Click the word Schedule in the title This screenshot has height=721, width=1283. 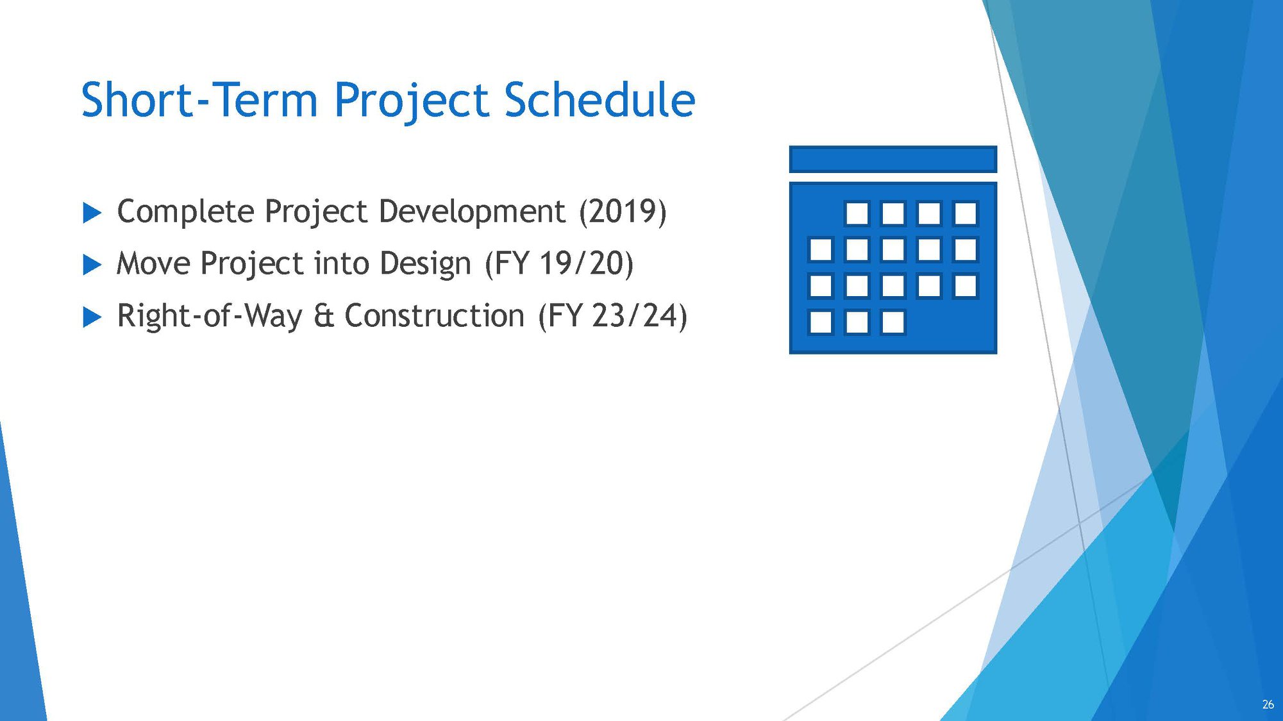click(x=600, y=100)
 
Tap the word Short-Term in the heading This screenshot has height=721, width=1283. click(x=199, y=100)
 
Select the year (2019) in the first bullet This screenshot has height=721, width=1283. click(x=623, y=211)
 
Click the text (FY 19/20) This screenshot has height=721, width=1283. click(x=559, y=263)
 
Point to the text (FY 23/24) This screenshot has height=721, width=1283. click(x=612, y=316)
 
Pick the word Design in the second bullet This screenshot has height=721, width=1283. click(x=425, y=263)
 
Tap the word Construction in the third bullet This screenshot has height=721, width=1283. click(x=435, y=316)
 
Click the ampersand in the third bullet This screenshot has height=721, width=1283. click(x=323, y=316)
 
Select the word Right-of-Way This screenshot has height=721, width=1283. click(x=209, y=316)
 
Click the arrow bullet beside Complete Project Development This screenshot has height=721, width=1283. click(x=92, y=213)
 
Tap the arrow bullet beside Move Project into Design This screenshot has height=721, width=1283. click(x=92, y=265)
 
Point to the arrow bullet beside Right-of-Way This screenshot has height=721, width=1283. click(x=92, y=317)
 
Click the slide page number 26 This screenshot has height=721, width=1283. click(x=1268, y=704)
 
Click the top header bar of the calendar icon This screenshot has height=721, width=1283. click(x=893, y=160)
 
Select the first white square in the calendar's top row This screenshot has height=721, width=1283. click(x=857, y=213)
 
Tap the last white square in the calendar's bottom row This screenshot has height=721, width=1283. click(x=893, y=322)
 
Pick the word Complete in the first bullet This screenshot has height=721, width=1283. click(x=185, y=211)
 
